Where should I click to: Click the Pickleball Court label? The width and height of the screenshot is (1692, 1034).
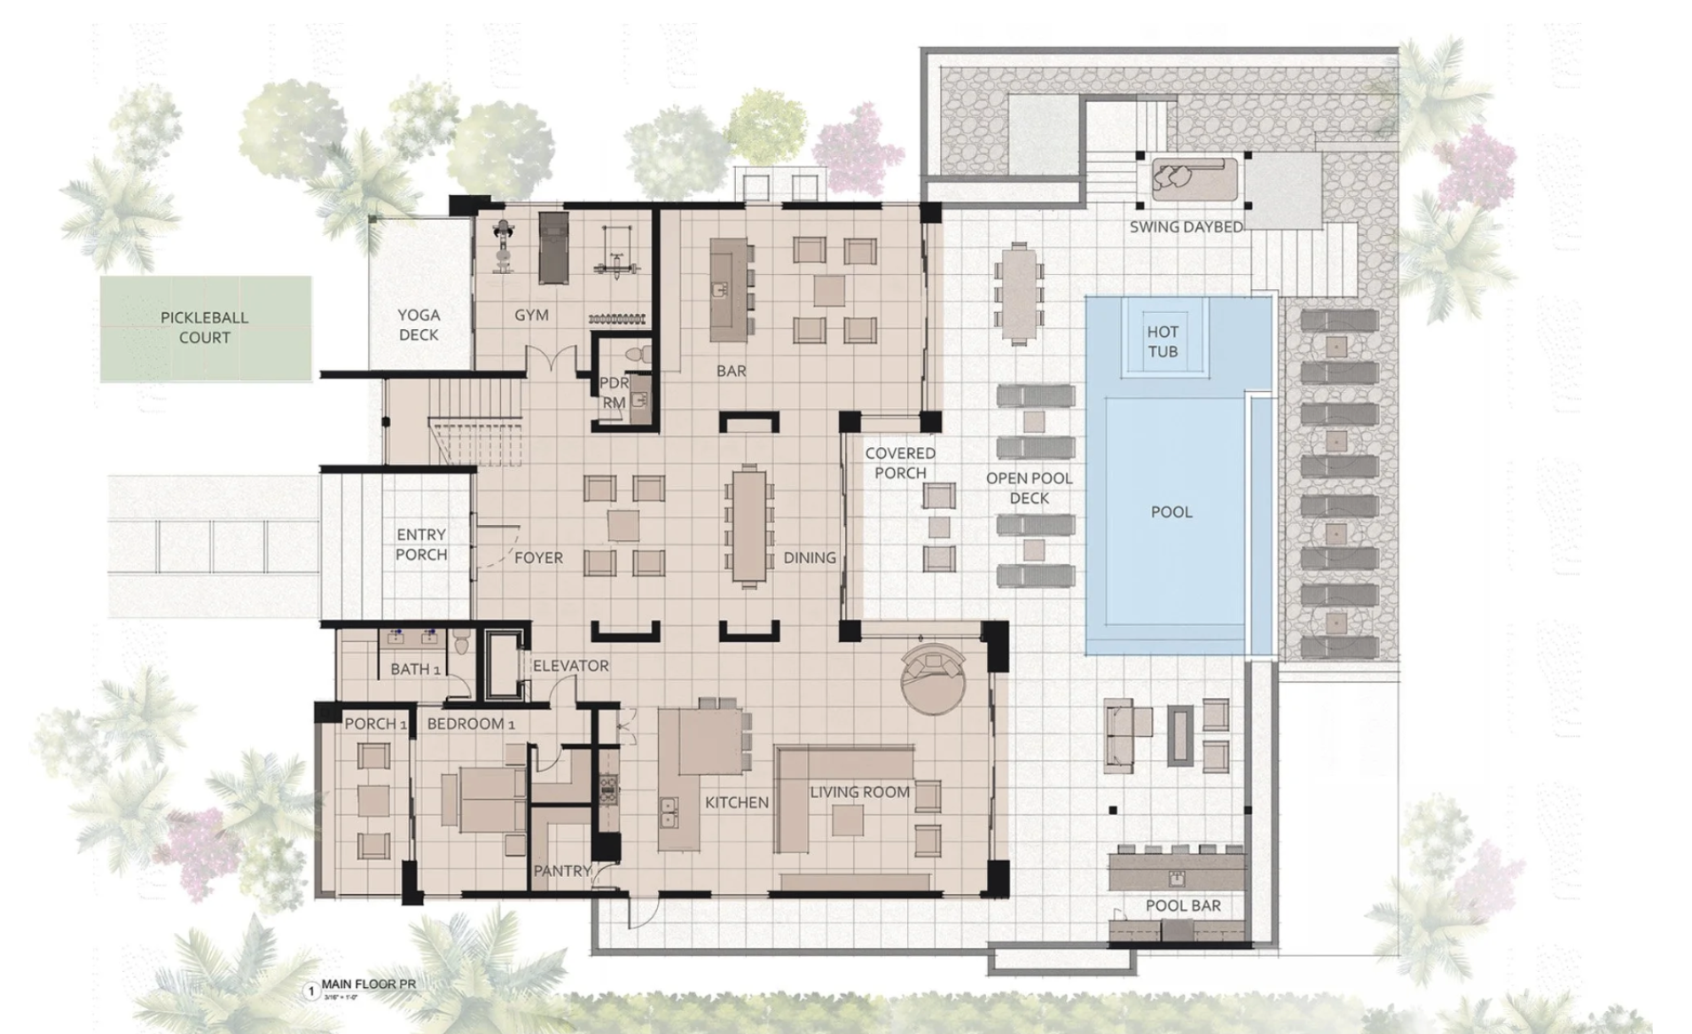(x=204, y=327)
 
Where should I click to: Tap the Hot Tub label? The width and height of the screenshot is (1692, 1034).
(x=1162, y=341)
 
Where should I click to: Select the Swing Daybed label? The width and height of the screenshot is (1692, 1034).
(x=1186, y=227)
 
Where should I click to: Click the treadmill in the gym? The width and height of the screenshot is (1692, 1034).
(x=552, y=247)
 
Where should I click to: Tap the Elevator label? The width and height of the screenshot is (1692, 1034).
(x=570, y=665)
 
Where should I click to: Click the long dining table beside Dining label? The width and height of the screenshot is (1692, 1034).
(x=748, y=526)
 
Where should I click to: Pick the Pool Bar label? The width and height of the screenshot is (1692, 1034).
(x=1182, y=905)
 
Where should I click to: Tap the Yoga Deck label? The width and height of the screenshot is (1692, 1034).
(x=419, y=325)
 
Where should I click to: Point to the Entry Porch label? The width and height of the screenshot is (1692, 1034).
(x=421, y=544)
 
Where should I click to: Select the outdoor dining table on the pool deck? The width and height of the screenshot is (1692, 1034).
(x=1018, y=293)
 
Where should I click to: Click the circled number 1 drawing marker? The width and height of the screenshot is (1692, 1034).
(x=311, y=991)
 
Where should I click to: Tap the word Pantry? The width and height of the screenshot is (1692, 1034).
(x=560, y=871)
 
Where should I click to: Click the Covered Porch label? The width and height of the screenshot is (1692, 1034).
(x=899, y=463)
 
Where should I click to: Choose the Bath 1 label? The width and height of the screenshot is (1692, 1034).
(x=415, y=669)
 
